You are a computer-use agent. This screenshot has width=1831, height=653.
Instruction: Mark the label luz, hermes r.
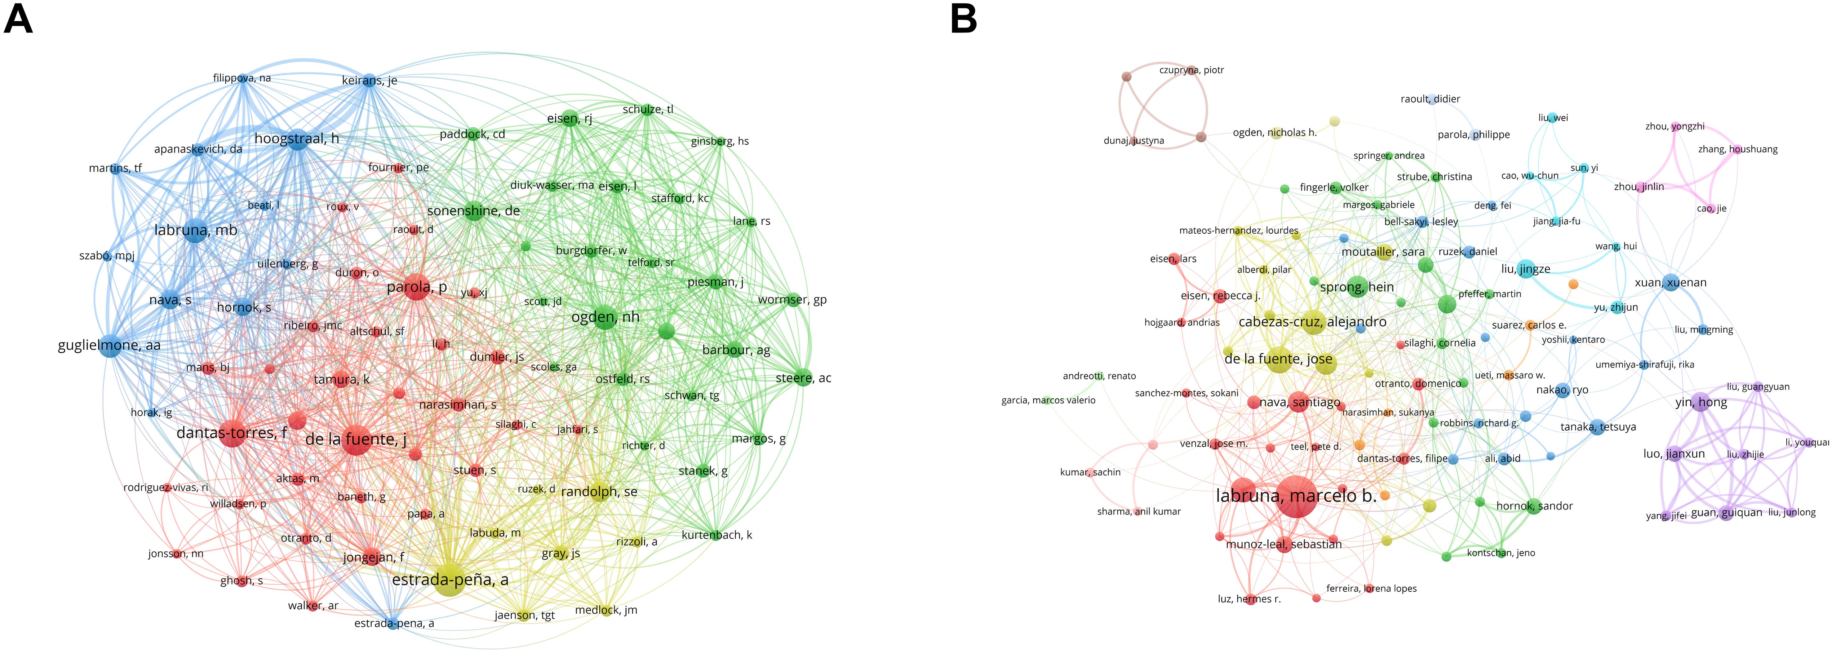(1249, 599)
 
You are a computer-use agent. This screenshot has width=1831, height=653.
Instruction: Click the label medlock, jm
(605, 610)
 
